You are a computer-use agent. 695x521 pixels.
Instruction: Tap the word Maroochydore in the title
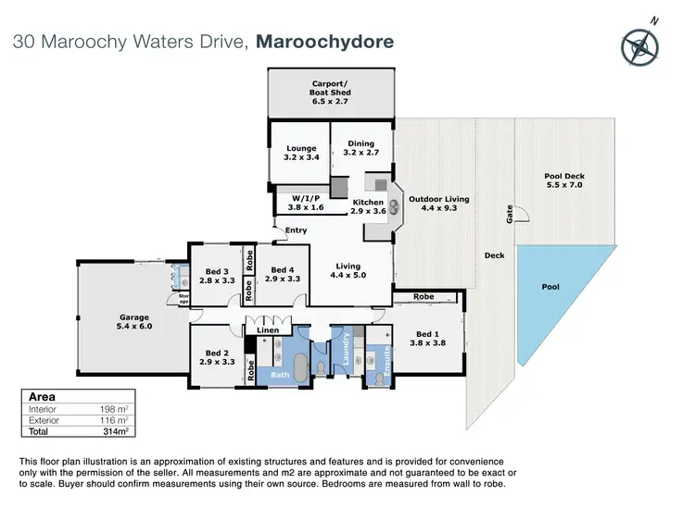coord(325,43)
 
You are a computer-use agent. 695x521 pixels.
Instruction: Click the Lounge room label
coord(300,153)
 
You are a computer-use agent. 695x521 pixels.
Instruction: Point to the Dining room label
coord(360,149)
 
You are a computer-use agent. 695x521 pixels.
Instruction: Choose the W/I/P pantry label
coord(306,202)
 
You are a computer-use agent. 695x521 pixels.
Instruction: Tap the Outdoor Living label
coord(440,204)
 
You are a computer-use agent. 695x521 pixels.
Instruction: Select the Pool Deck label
coord(563,181)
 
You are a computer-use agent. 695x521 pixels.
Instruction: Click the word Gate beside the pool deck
coord(509,214)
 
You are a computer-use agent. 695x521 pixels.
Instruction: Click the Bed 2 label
coord(218,357)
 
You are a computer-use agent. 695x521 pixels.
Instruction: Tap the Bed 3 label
coord(218,277)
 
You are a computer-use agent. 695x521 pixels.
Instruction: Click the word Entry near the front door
coord(297,230)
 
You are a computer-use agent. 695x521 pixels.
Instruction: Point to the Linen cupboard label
coord(268,330)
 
